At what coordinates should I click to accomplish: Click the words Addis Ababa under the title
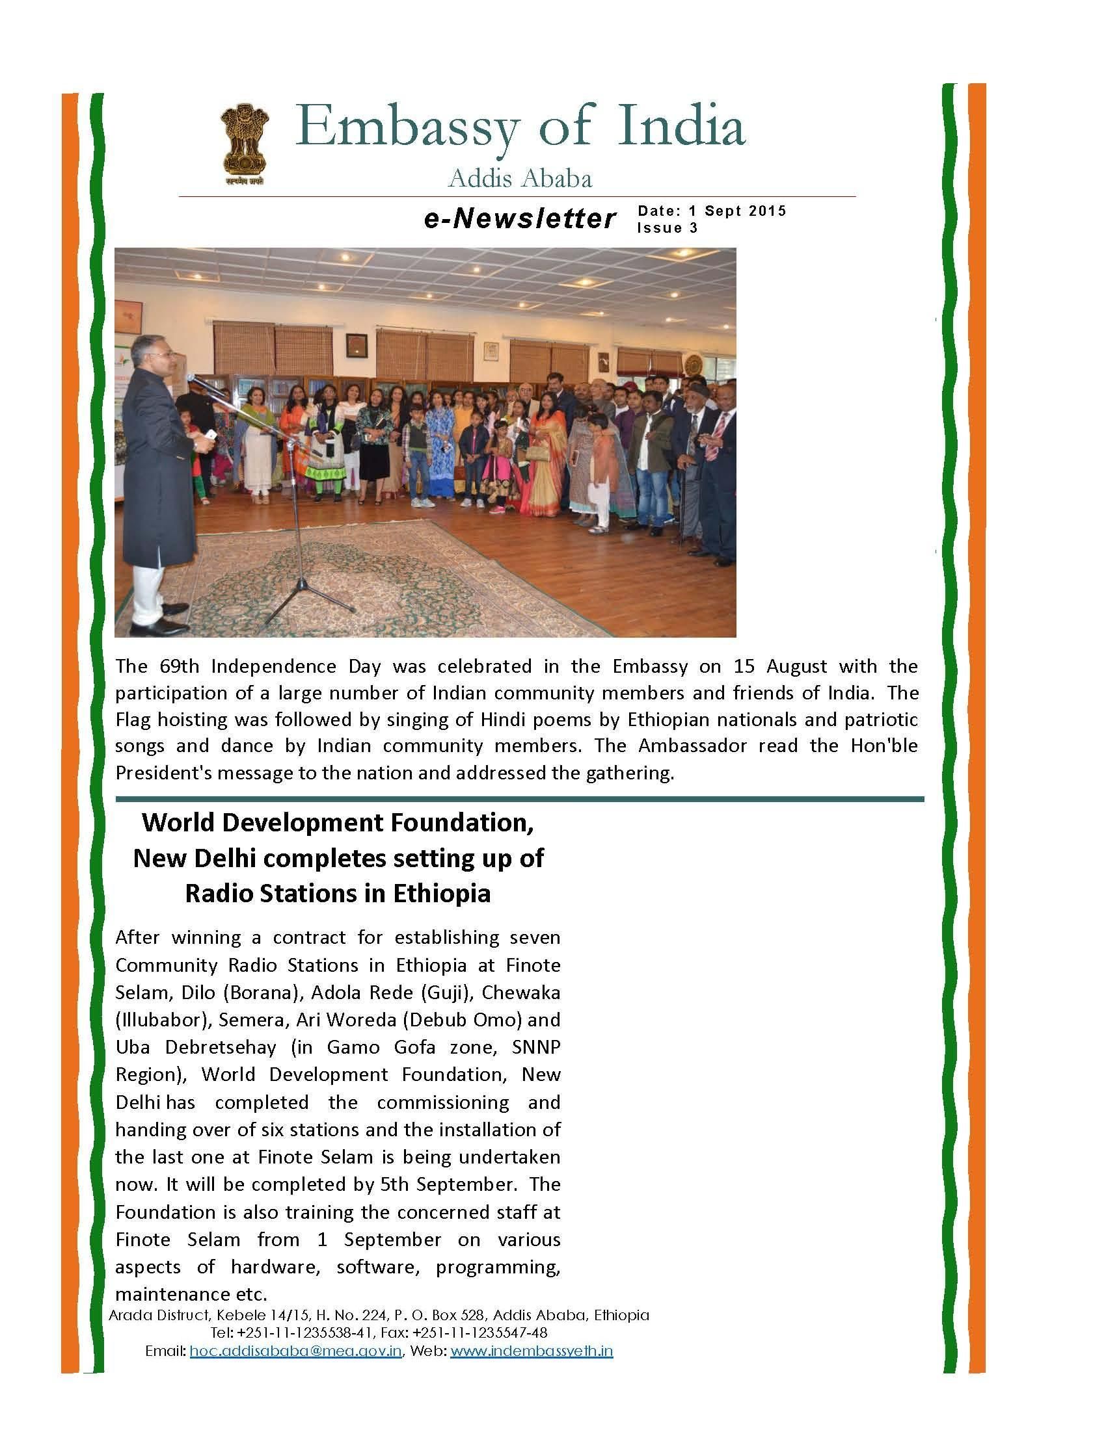(x=520, y=179)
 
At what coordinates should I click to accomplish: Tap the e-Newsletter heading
(x=520, y=218)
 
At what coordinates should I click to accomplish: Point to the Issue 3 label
(x=667, y=228)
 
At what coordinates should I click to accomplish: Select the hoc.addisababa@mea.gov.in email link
(x=295, y=1350)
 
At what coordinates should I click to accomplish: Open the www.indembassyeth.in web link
(x=532, y=1350)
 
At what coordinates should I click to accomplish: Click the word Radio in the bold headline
(x=219, y=893)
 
